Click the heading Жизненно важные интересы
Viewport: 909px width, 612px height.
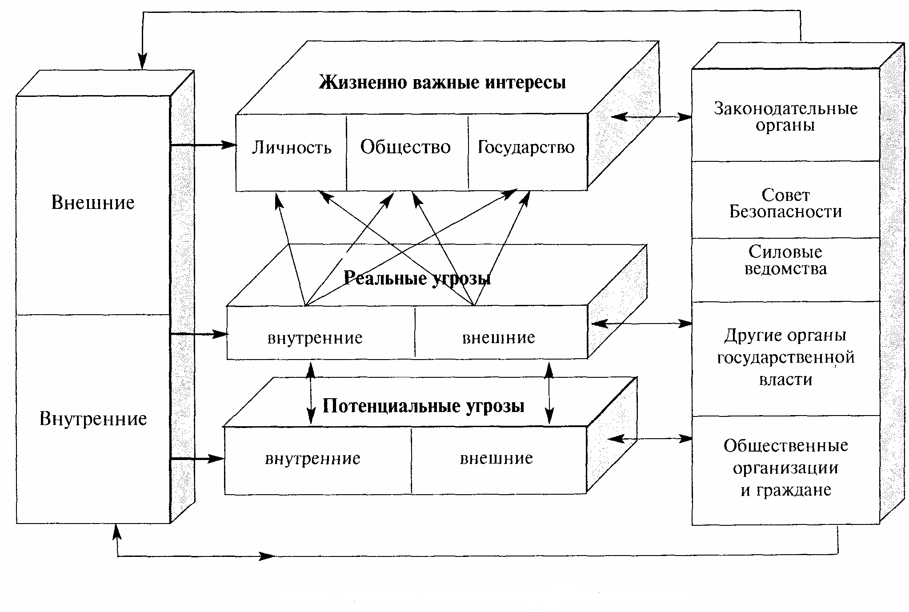(442, 83)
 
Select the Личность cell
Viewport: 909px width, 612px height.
(292, 148)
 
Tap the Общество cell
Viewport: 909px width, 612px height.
(405, 147)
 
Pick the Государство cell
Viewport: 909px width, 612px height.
(526, 147)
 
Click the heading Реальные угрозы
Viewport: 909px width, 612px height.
(417, 279)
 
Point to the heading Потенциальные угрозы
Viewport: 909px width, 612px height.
(423, 406)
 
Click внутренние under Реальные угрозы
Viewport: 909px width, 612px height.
(315, 338)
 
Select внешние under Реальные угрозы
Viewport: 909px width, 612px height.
(498, 338)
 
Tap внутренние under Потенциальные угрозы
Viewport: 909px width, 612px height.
(312, 459)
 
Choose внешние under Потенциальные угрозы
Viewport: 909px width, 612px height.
(496, 458)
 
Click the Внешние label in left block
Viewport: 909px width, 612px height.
(93, 203)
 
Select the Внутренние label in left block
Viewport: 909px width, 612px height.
(93, 419)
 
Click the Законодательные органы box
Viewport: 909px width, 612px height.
(785, 116)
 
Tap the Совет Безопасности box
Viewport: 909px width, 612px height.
(785, 203)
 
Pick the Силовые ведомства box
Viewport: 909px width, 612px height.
(785, 260)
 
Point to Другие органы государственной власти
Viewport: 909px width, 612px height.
(785, 357)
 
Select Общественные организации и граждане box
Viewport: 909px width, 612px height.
(785, 468)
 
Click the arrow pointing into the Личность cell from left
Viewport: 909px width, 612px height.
(204, 144)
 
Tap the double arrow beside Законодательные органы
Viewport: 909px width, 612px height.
(652, 117)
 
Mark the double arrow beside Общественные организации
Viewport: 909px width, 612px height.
(650, 439)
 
